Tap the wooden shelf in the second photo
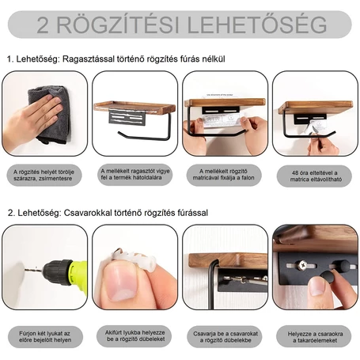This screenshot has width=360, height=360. pos(135,106)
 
